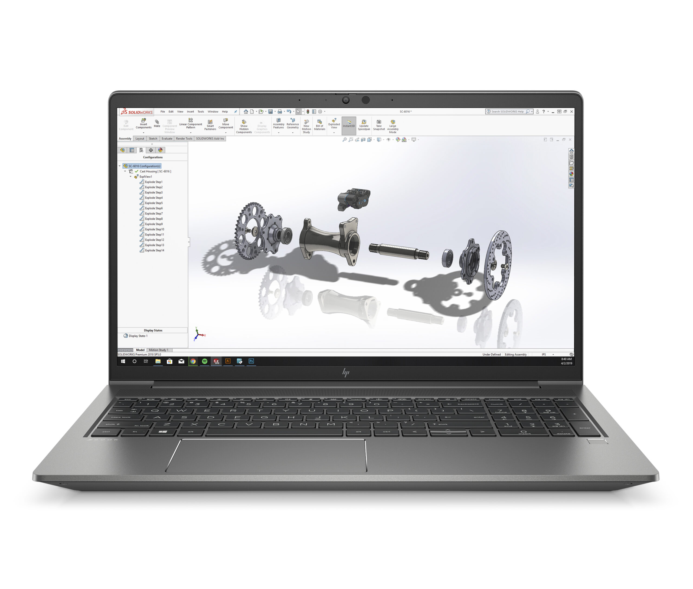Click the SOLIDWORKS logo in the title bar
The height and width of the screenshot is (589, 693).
coord(137,112)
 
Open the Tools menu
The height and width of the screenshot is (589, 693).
coord(200,112)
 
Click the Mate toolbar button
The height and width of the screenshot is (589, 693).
coord(157,123)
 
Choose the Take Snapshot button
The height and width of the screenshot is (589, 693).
coord(379,125)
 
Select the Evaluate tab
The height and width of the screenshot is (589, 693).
coord(167,139)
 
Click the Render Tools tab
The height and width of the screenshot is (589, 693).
coord(184,139)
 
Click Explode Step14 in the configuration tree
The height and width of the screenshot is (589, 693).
coord(154,250)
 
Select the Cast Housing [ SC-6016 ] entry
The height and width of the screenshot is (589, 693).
coord(155,171)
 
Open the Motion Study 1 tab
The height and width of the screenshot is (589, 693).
coord(158,350)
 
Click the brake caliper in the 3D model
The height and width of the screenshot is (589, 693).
coord(353,199)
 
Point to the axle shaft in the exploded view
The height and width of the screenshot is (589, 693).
coord(398,251)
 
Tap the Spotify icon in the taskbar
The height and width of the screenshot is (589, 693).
coord(204,361)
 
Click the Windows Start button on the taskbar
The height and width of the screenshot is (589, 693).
coord(123,361)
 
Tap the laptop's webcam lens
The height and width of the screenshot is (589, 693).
coord(346,100)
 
